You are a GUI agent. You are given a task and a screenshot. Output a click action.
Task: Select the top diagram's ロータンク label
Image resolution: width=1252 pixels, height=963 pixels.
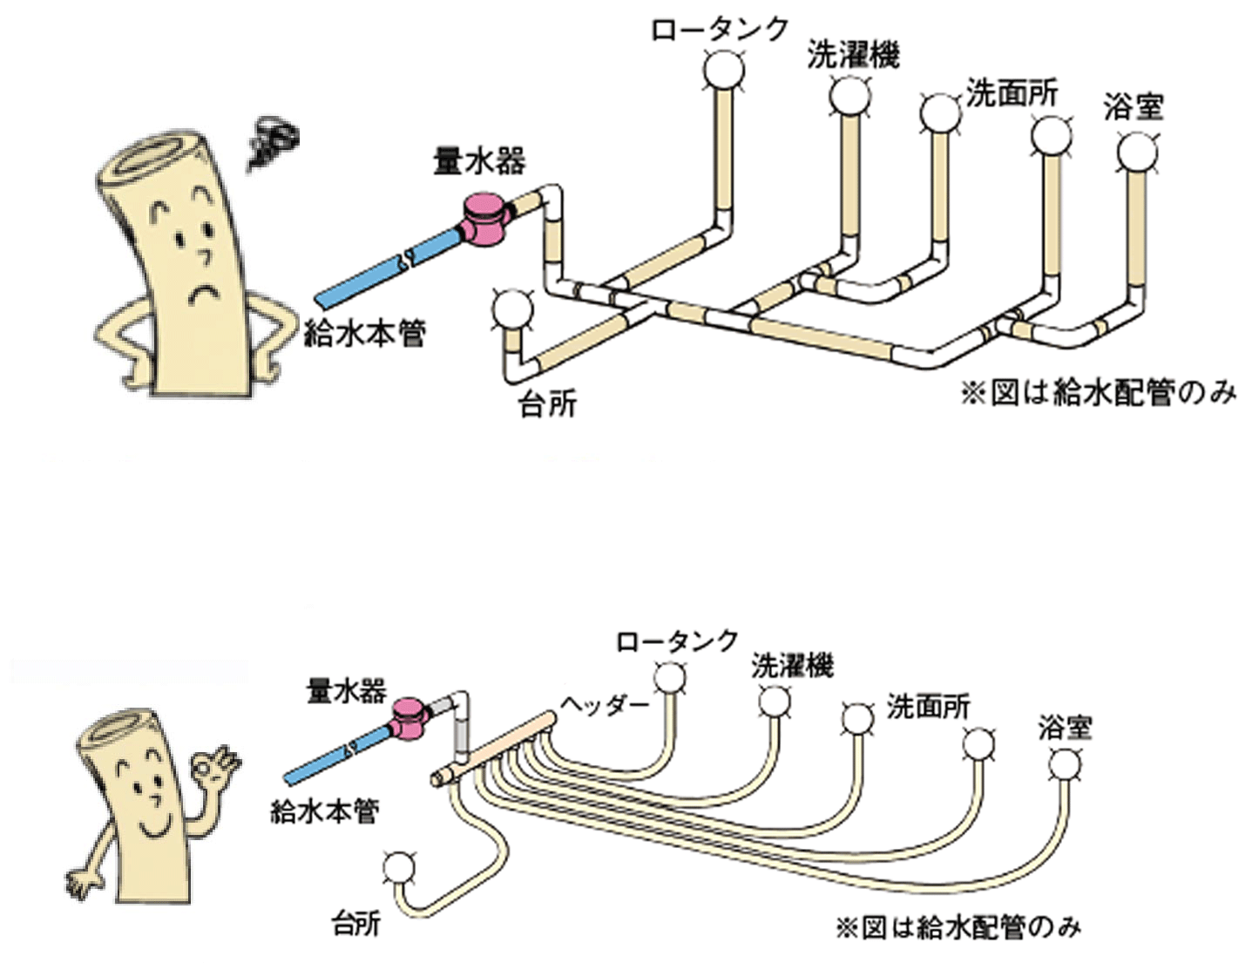[x=719, y=29]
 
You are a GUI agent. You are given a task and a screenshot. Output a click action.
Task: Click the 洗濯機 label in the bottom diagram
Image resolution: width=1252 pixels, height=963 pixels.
[x=792, y=665]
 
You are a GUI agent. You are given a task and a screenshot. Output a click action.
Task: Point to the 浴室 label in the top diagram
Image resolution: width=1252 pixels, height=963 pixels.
[x=1132, y=107]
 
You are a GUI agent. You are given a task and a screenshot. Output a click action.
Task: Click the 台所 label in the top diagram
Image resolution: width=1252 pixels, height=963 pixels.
[x=547, y=404]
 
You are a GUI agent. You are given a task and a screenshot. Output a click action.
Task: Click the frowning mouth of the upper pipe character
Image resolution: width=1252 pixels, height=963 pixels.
[x=206, y=292]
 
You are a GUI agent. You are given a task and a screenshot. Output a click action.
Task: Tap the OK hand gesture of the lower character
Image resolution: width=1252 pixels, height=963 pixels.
[x=213, y=764]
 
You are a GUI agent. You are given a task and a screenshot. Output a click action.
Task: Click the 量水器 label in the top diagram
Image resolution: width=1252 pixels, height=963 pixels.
[x=479, y=161]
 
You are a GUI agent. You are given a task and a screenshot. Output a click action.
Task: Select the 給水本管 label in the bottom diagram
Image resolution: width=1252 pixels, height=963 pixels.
[x=324, y=810]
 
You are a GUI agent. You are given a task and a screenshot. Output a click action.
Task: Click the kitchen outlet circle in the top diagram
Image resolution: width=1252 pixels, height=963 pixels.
[x=511, y=309]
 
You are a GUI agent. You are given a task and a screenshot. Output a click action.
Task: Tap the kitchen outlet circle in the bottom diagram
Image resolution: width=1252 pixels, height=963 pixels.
[x=400, y=867]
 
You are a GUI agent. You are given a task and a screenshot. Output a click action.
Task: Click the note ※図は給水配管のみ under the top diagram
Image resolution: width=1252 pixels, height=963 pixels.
[x=1098, y=393]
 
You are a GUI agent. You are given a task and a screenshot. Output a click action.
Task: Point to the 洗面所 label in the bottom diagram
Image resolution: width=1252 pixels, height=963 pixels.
[x=928, y=706]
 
